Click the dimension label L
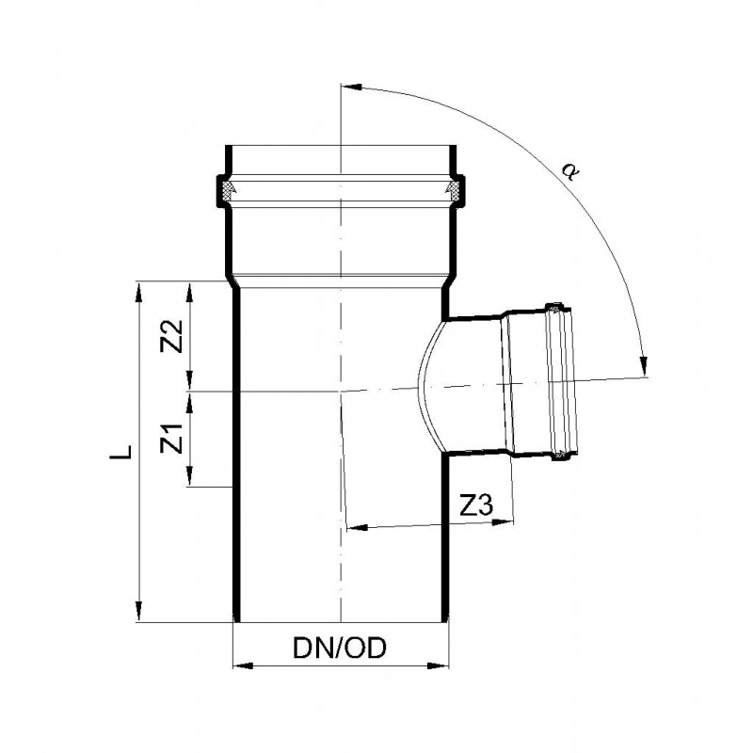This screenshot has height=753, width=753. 120,452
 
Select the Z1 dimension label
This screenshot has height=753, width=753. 172,438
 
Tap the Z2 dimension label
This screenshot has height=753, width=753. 172,336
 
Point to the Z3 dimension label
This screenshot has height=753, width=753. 476,505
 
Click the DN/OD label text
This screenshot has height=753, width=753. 340,649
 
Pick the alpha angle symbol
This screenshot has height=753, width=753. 570,170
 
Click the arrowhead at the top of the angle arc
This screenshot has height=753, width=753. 351,88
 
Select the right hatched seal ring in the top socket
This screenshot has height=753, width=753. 455,190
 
